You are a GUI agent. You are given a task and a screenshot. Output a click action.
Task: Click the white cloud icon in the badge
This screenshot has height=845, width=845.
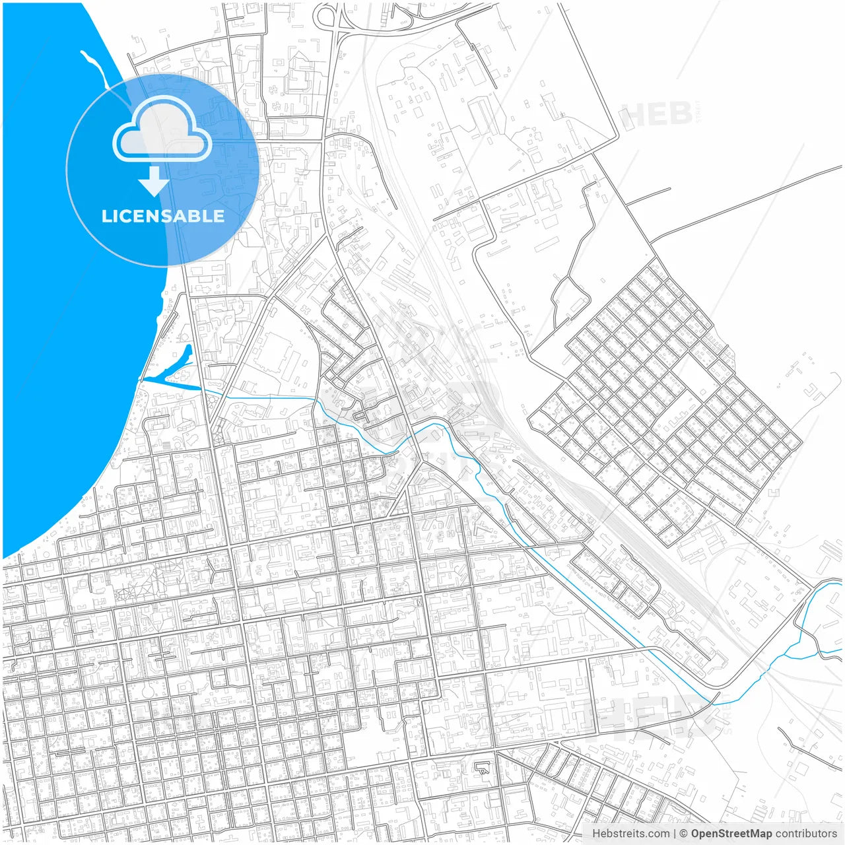(x=162, y=131)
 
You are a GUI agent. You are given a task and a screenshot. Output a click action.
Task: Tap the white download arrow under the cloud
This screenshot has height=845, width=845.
(x=154, y=182)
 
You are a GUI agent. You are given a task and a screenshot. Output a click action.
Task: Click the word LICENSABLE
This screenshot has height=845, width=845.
(x=163, y=216)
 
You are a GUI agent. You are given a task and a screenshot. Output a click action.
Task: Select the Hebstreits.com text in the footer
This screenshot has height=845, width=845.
(x=630, y=834)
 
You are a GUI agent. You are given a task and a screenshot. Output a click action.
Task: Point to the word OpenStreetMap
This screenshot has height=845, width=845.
(x=731, y=834)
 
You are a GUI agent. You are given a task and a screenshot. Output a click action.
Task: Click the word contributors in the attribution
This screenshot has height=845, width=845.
(x=806, y=834)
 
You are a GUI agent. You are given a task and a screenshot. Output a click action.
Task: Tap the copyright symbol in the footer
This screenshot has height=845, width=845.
(x=684, y=834)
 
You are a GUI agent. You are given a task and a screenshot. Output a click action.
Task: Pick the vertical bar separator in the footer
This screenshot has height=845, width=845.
(x=675, y=834)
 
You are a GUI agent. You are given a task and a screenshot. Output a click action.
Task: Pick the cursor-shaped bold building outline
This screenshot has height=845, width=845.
(x=483, y=768)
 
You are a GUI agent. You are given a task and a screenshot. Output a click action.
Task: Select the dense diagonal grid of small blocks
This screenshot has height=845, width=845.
(x=660, y=396)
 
